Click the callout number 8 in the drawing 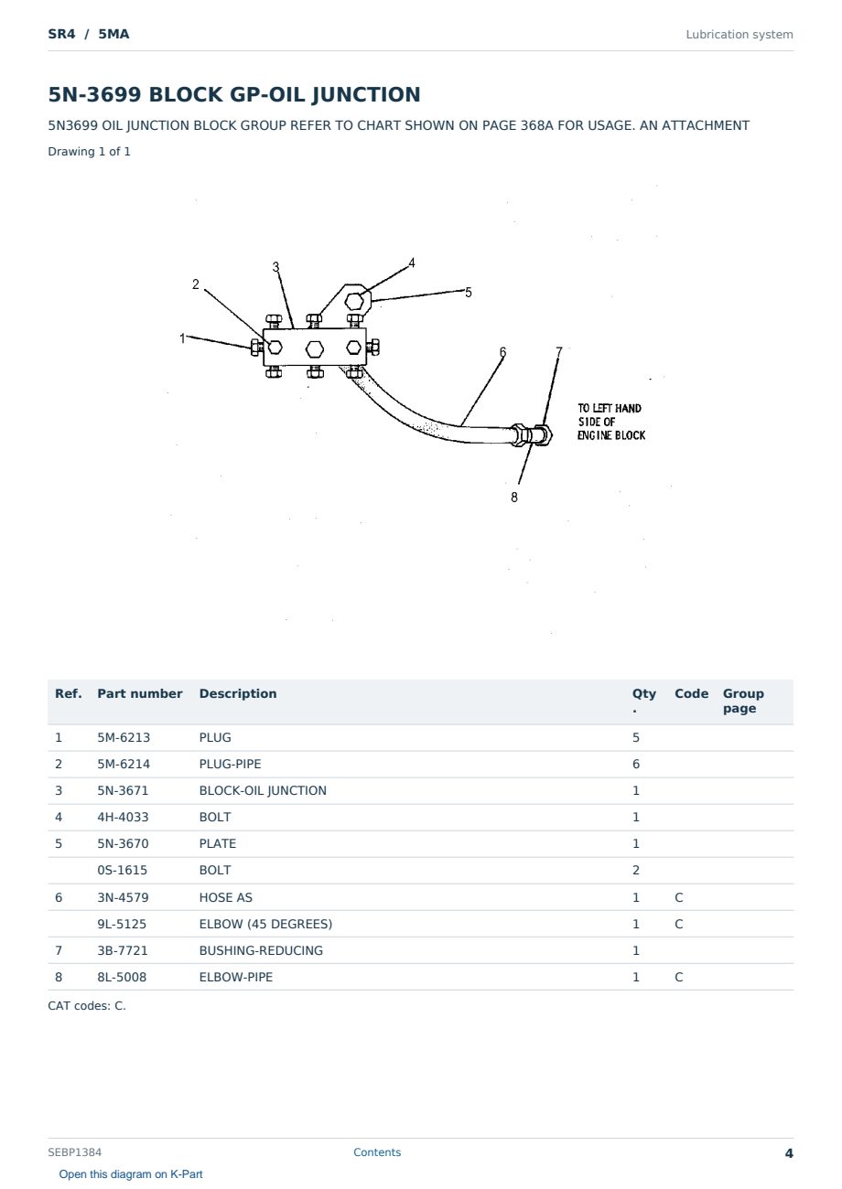point(513,498)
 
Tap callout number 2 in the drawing point(196,284)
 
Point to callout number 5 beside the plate point(468,293)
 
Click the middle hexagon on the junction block point(315,349)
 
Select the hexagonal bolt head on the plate point(354,302)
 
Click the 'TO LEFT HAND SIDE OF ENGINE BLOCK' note point(611,422)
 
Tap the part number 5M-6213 point(124,737)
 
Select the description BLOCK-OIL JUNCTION point(263,790)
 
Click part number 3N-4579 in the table point(123,897)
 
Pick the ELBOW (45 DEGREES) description point(265,924)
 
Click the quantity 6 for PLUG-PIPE point(636,764)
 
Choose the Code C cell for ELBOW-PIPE point(678,977)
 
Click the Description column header point(237,693)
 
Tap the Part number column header point(140,693)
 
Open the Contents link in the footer point(377,1152)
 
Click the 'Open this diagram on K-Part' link point(131,1173)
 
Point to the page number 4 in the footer point(789,1153)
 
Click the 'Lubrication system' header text point(739,35)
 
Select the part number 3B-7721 point(123,950)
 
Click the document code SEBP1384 point(74,1152)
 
